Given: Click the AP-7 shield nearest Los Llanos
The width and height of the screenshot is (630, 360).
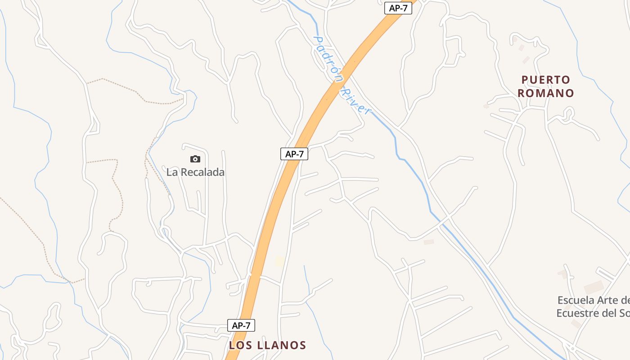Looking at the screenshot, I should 241,325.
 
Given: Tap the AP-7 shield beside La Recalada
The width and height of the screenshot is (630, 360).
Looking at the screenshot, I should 294,154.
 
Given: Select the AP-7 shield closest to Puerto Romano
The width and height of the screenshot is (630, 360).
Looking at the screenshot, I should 398,8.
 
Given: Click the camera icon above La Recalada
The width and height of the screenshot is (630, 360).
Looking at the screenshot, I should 195,159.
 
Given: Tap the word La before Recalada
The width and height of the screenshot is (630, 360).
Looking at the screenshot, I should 171,172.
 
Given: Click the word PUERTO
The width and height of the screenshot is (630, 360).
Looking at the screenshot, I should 546,80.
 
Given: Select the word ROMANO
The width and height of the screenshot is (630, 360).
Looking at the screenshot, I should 546,93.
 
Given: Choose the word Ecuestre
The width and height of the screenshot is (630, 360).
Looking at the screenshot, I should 577,313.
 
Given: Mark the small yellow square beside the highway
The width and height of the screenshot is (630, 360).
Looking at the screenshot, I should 280,261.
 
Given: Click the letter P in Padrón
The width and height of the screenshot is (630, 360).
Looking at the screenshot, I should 317,40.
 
